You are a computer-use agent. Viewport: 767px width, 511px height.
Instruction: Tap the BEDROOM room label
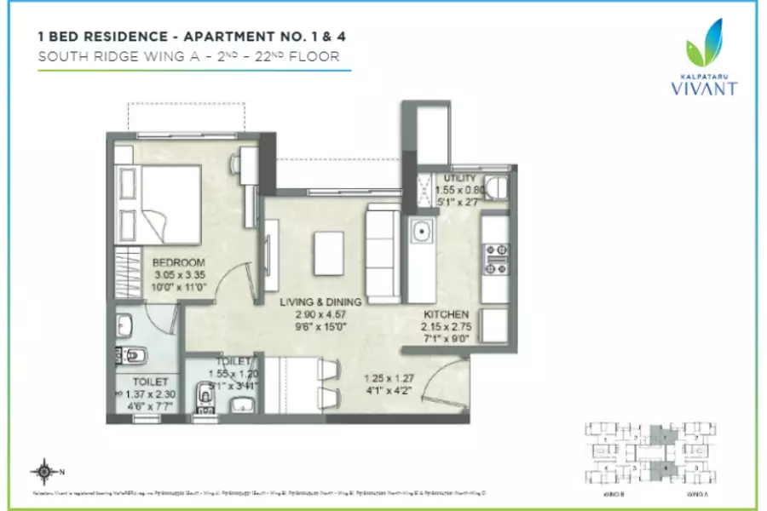click(x=179, y=261)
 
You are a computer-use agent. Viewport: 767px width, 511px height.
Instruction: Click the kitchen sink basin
click(x=420, y=231)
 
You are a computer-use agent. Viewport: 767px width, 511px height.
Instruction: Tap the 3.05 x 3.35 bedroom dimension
click(x=179, y=275)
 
